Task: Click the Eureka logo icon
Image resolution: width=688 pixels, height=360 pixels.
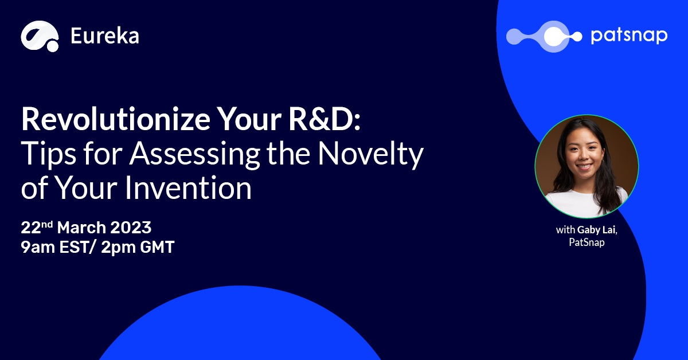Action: (40, 36)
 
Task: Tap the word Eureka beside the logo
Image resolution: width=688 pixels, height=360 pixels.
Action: (105, 36)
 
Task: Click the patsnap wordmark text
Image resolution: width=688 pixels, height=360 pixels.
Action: (629, 36)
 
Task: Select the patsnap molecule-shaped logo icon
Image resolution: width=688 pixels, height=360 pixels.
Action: (544, 37)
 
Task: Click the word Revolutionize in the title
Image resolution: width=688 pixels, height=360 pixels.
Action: (116, 119)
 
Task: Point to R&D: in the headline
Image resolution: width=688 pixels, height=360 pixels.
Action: (325, 119)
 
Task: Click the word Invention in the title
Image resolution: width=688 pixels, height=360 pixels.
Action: (188, 187)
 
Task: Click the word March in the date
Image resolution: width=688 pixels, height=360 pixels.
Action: (81, 228)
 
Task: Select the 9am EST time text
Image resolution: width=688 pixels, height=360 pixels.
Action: (54, 247)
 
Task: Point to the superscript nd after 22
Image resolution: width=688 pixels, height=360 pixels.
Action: (47, 224)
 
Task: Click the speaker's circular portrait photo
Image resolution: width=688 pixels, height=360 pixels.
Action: (587, 166)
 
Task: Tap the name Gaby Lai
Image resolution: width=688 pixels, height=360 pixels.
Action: (597, 230)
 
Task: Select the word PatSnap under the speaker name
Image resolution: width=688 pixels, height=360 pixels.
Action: (587, 242)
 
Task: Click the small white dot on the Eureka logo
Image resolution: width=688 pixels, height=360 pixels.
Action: (53, 46)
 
